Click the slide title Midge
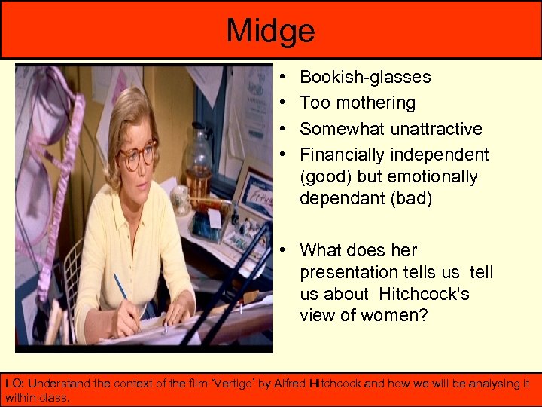click(x=270, y=31)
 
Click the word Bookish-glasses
click(x=365, y=77)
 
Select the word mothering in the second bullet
click(x=379, y=103)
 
